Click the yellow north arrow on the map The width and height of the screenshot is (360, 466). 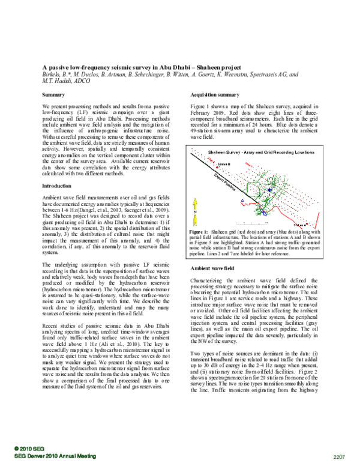tap(196, 211)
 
